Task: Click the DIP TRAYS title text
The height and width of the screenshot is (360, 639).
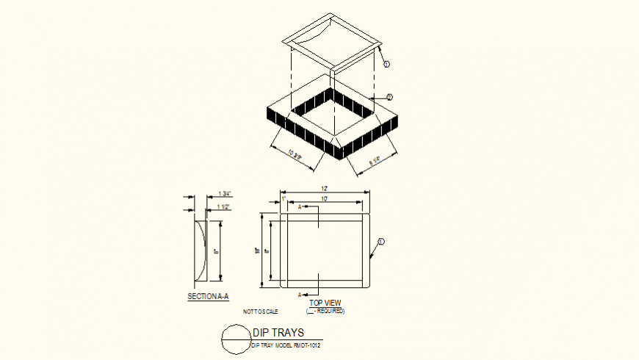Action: [x=278, y=333]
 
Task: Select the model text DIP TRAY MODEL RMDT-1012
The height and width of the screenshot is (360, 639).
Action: [x=286, y=345]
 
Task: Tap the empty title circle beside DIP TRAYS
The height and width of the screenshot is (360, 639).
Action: [x=235, y=339]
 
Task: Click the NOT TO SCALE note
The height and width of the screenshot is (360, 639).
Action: [x=261, y=312]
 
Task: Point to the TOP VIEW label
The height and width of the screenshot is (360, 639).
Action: [x=325, y=303]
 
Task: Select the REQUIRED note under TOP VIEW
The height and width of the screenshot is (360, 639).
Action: [x=325, y=311]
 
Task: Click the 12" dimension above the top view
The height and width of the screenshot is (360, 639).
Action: [x=325, y=190]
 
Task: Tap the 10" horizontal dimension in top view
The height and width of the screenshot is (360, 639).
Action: [x=323, y=199]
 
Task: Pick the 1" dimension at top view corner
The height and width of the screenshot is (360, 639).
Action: [x=283, y=199]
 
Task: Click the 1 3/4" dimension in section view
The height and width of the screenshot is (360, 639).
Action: [x=225, y=194]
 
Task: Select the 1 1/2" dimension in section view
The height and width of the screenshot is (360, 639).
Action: [x=224, y=207]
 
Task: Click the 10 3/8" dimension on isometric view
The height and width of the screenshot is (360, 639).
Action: [x=295, y=156]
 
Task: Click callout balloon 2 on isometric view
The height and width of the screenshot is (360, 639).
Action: [x=389, y=97]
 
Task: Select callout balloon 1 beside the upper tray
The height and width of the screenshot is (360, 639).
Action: [x=386, y=64]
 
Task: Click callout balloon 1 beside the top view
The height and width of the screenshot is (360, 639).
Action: [x=381, y=241]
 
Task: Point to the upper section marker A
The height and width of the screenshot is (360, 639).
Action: [x=300, y=207]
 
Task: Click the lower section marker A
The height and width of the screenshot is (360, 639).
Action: [x=300, y=294]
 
